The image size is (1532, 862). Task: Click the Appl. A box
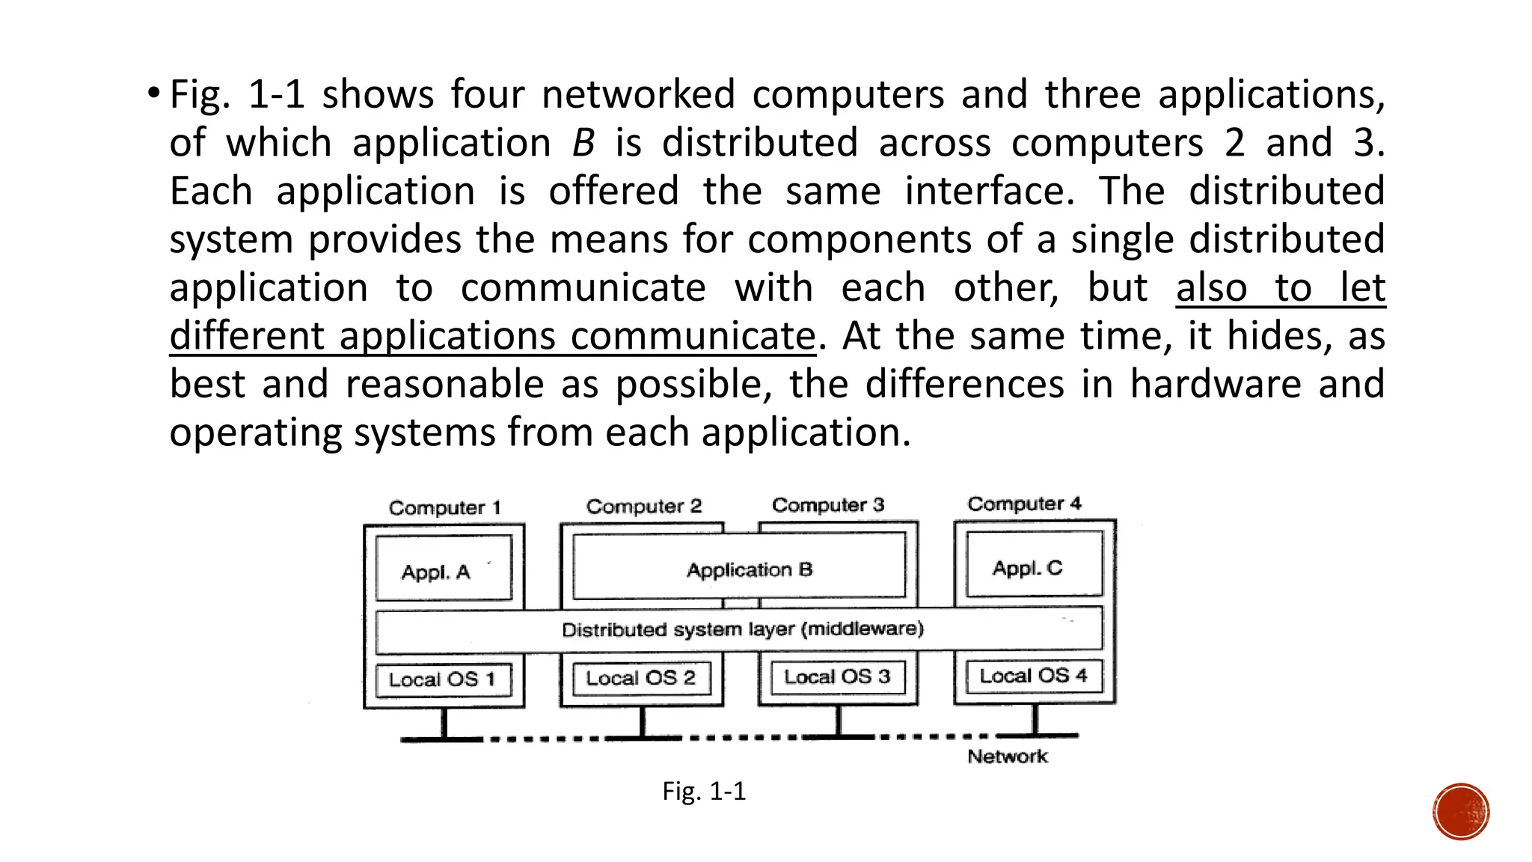click(444, 568)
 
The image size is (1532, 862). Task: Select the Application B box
click(739, 566)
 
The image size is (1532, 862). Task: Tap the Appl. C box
click(1034, 564)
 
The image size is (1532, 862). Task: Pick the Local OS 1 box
click(444, 679)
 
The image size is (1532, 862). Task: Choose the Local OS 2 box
click(641, 678)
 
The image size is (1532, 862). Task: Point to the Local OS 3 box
click(837, 676)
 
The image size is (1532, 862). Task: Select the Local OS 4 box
click(1034, 676)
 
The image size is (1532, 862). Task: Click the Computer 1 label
click(444, 508)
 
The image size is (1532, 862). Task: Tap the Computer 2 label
click(644, 507)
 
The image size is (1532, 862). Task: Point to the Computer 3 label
click(828, 505)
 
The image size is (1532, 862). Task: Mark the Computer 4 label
click(1024, 504)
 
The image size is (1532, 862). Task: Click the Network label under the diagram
click(1007, 756)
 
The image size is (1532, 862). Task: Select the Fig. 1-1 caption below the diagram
click(704, 792)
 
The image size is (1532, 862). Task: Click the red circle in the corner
click(1461, 812)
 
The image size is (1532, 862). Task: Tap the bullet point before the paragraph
click(153, 94)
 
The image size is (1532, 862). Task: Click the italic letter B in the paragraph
click(583, 143)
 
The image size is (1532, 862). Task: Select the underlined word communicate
click(693, 336)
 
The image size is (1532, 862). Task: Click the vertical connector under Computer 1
click(444, 722)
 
